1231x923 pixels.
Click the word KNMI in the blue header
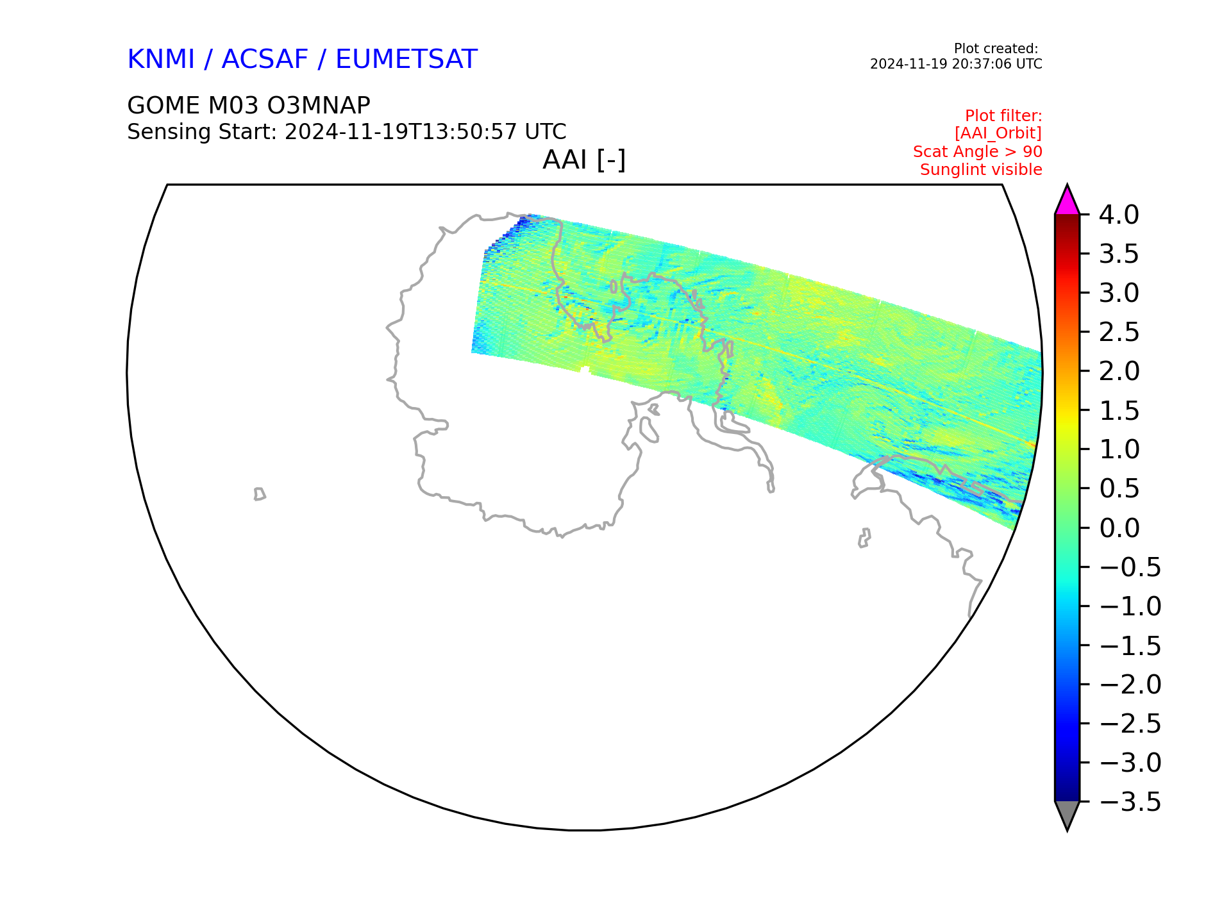click(x=161, y=60)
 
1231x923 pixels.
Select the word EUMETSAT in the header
click(x=406, y=60)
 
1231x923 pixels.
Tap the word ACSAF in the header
click(x=265, y=60)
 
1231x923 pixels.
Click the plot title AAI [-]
click(x=584, y=160)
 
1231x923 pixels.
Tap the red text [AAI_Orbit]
click(x=998, y=133)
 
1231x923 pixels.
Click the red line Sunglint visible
click(x=981, y=170)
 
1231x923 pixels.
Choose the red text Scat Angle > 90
click(x=978, y=152)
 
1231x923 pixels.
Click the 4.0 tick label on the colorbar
click(x=1119, y=215)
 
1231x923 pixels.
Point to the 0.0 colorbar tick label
click(x=1119, y=528)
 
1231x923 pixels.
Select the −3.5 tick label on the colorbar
click(x=1130, y=802)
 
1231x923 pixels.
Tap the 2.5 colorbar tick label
click(x=1119, y=332)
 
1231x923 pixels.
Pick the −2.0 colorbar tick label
click(x=1130, y=685)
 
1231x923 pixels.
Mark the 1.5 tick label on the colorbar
click(x=1119, y=411)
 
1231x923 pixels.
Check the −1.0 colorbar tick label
click(x=1130, y=606)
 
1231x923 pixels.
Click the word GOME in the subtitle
click(x=163, y=105)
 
